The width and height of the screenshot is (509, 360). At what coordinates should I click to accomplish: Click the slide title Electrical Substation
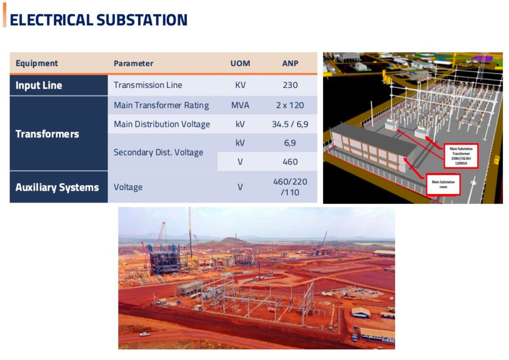(x=99, y=20)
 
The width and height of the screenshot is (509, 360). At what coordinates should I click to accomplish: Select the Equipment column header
(x=37, y=63)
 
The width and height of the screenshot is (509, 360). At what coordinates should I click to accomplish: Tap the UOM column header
(x=240, y=63)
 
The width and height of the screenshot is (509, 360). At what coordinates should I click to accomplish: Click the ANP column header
(x=290, y=63)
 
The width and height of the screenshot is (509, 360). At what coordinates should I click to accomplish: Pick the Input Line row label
(x=39, y=85)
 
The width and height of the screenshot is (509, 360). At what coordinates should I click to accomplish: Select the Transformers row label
(x=47, y=134)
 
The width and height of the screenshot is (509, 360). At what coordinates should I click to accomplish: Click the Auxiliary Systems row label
(x=57, y=187)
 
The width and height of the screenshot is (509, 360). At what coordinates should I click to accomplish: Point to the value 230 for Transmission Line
(x=290, y=85)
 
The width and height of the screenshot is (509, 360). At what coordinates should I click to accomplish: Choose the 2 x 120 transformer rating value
(x=290, y=105)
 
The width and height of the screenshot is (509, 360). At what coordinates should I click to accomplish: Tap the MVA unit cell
(x=240, y=105)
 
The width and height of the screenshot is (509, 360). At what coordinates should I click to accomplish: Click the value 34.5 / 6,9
(x=290, y=124)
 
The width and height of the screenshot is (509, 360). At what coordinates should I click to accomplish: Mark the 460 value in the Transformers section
(x=290, y=162)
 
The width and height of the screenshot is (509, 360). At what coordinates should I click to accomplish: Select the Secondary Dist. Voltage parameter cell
(x=158, y=152)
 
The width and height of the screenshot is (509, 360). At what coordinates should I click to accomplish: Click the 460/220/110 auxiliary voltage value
(x=290, y=187)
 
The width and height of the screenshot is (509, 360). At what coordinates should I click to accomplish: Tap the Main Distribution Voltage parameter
(x=162, y=124)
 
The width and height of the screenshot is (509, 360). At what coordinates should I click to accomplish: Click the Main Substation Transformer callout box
(x=461, y=156)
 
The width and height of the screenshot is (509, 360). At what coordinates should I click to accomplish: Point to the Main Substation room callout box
(x=443, y=185)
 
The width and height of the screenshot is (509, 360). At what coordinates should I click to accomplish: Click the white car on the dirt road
(x=145, y=334)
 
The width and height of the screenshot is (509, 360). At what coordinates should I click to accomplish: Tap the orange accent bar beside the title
(x=5, y=15)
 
